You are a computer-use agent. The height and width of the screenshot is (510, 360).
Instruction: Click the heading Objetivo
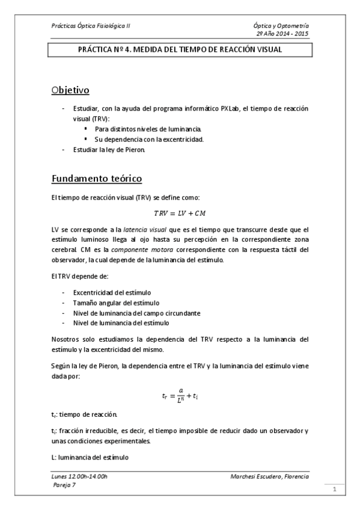point(70,91)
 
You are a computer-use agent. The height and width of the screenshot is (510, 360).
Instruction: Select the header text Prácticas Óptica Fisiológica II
point(91,26)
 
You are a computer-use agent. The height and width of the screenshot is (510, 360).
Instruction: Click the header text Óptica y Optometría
point(282,26)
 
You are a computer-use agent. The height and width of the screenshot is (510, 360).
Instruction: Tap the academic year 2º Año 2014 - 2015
point(282,34)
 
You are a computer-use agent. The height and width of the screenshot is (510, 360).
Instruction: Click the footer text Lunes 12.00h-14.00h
point(80,476)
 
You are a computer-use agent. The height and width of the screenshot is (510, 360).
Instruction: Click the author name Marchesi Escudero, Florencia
point(269,476)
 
